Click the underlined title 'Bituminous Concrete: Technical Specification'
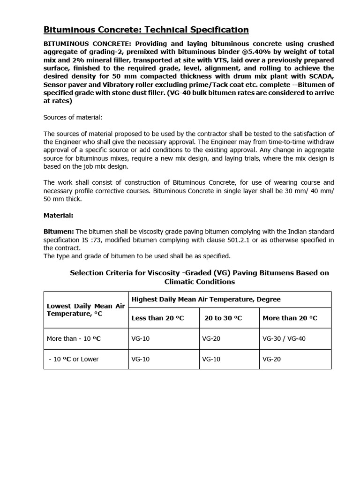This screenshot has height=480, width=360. (x=146, y=30)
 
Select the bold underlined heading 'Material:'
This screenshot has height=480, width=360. (x=58, y=216)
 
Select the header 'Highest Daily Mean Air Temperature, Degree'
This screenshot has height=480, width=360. (x=206, y=299)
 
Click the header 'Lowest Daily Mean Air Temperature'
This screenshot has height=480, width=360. (x=86, y=309)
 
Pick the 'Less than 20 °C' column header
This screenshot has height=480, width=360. (x=157, y=318)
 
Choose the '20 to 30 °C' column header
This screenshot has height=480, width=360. (x=223, y=318)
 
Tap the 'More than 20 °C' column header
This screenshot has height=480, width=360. (x=290, y=318)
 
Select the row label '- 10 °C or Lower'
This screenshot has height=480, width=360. (x=74, y=359)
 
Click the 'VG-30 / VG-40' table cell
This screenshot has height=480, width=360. (x=284, y=338)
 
